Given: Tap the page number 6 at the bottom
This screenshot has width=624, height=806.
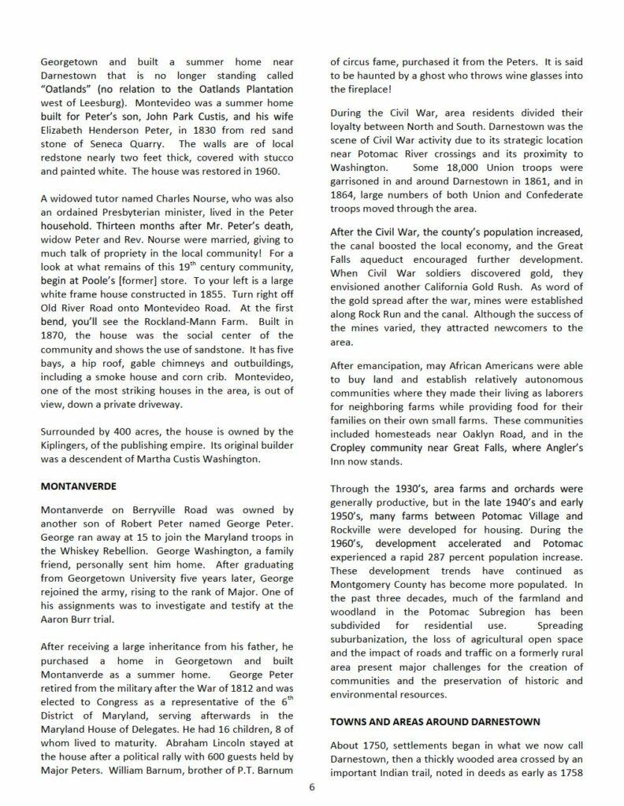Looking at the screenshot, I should [312, 789].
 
